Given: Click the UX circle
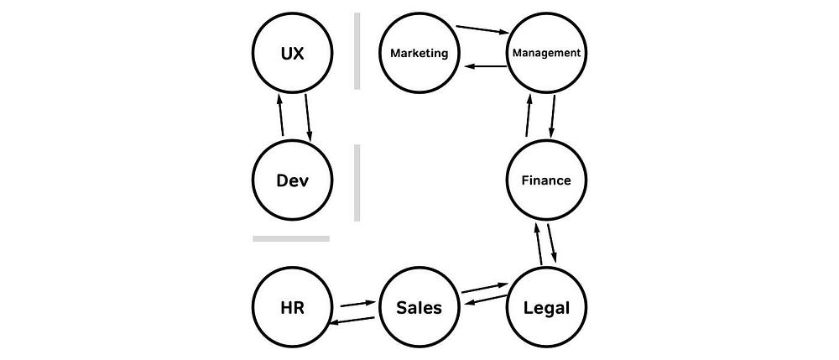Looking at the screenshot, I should [x=293, y=53].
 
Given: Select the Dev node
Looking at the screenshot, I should [x=293, y=180].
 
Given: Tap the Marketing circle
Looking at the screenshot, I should [x=419, y=53].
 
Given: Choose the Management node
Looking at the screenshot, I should [x=546, y=53].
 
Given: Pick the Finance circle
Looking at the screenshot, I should [x=546, y=180].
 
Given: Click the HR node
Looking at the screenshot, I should [x=293, y=307].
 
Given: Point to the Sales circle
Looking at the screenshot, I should [x=419, y=307].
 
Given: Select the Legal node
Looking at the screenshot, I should [x=546, y=307].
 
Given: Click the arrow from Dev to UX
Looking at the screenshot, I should [x=281, y=117].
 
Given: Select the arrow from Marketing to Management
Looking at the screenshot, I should [x=484, y=29].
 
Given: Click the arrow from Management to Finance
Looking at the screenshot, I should [x=555, y=117].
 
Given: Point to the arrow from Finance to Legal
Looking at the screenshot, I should [x=553, y=244].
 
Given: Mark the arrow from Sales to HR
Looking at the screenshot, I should [x=354, y=320].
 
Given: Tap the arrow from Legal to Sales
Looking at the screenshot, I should [x=484, y=304].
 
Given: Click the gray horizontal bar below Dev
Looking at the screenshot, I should [x=291, y=238].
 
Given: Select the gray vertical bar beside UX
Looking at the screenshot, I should [x=357, y=51].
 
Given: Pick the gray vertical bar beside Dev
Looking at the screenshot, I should [x=357, y=182].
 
